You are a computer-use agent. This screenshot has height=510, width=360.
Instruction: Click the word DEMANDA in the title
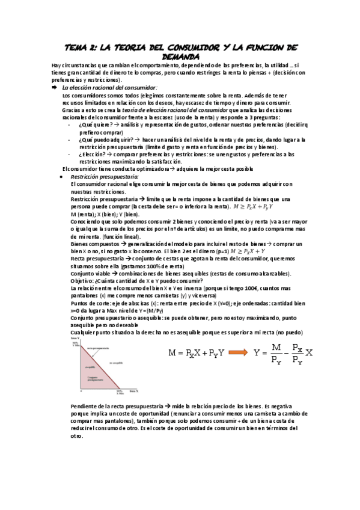(180, 56)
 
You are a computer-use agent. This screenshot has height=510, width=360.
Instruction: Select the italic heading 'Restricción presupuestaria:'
(105, 177)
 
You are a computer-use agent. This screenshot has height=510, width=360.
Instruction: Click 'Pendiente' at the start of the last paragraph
(86, 407)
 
